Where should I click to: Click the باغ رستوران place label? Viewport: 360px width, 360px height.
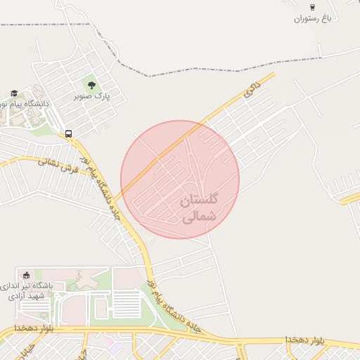pos(312,18)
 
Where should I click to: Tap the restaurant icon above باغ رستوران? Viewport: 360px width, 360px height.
pos(312,6)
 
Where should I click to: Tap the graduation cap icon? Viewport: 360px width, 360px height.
pos(14,93)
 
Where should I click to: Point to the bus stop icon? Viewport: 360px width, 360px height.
pos(68,133)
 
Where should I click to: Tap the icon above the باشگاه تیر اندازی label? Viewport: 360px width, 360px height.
pos(27,275)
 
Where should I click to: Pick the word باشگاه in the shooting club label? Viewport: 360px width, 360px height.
pos(50,286)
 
